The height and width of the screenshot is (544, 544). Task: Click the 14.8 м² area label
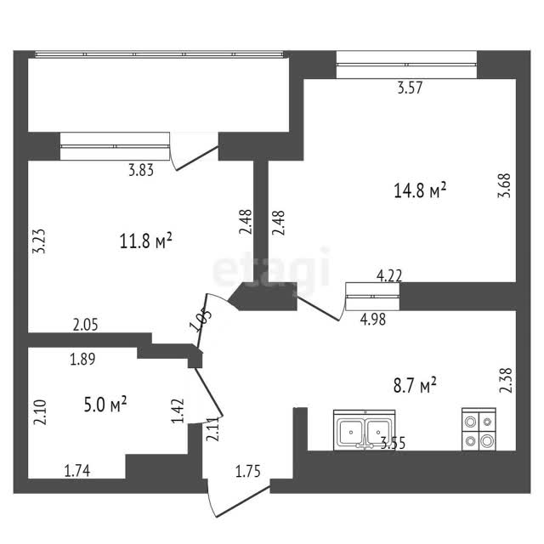coord(420,190)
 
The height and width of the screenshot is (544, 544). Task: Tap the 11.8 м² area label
coord(145,241)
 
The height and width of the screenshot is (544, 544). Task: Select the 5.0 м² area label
coord(105,405)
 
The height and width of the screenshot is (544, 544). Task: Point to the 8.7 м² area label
coord(415,385)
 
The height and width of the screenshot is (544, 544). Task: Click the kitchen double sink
coord(365,430)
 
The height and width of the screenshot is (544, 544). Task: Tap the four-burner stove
coord(479,429)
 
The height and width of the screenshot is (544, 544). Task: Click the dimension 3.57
coord(410,88)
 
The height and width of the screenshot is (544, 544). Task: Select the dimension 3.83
coord(141,170)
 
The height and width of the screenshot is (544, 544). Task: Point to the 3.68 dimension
coord(504,185)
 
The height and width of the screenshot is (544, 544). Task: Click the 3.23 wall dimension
coord(39,241)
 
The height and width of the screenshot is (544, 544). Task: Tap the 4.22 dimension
coord(389,276)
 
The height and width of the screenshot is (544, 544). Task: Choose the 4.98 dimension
coord(373,320)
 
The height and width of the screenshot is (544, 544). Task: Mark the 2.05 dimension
coord(85,325)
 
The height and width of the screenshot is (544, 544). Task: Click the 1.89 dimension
coord(82,359)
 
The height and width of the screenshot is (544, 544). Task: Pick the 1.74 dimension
coord(77,471)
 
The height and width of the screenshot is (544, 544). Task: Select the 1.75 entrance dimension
coord(247,472)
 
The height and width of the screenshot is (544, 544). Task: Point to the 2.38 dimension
coord(506,380)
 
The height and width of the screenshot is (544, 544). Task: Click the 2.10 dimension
coord(40,412)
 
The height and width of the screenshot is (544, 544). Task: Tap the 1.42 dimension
coord(178,411)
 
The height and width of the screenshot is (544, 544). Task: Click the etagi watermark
coord(271,267)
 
